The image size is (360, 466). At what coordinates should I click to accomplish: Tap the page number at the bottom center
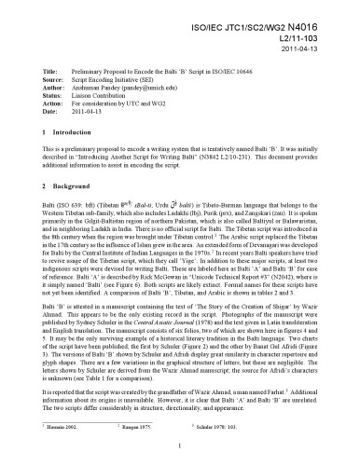coord(179,446)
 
